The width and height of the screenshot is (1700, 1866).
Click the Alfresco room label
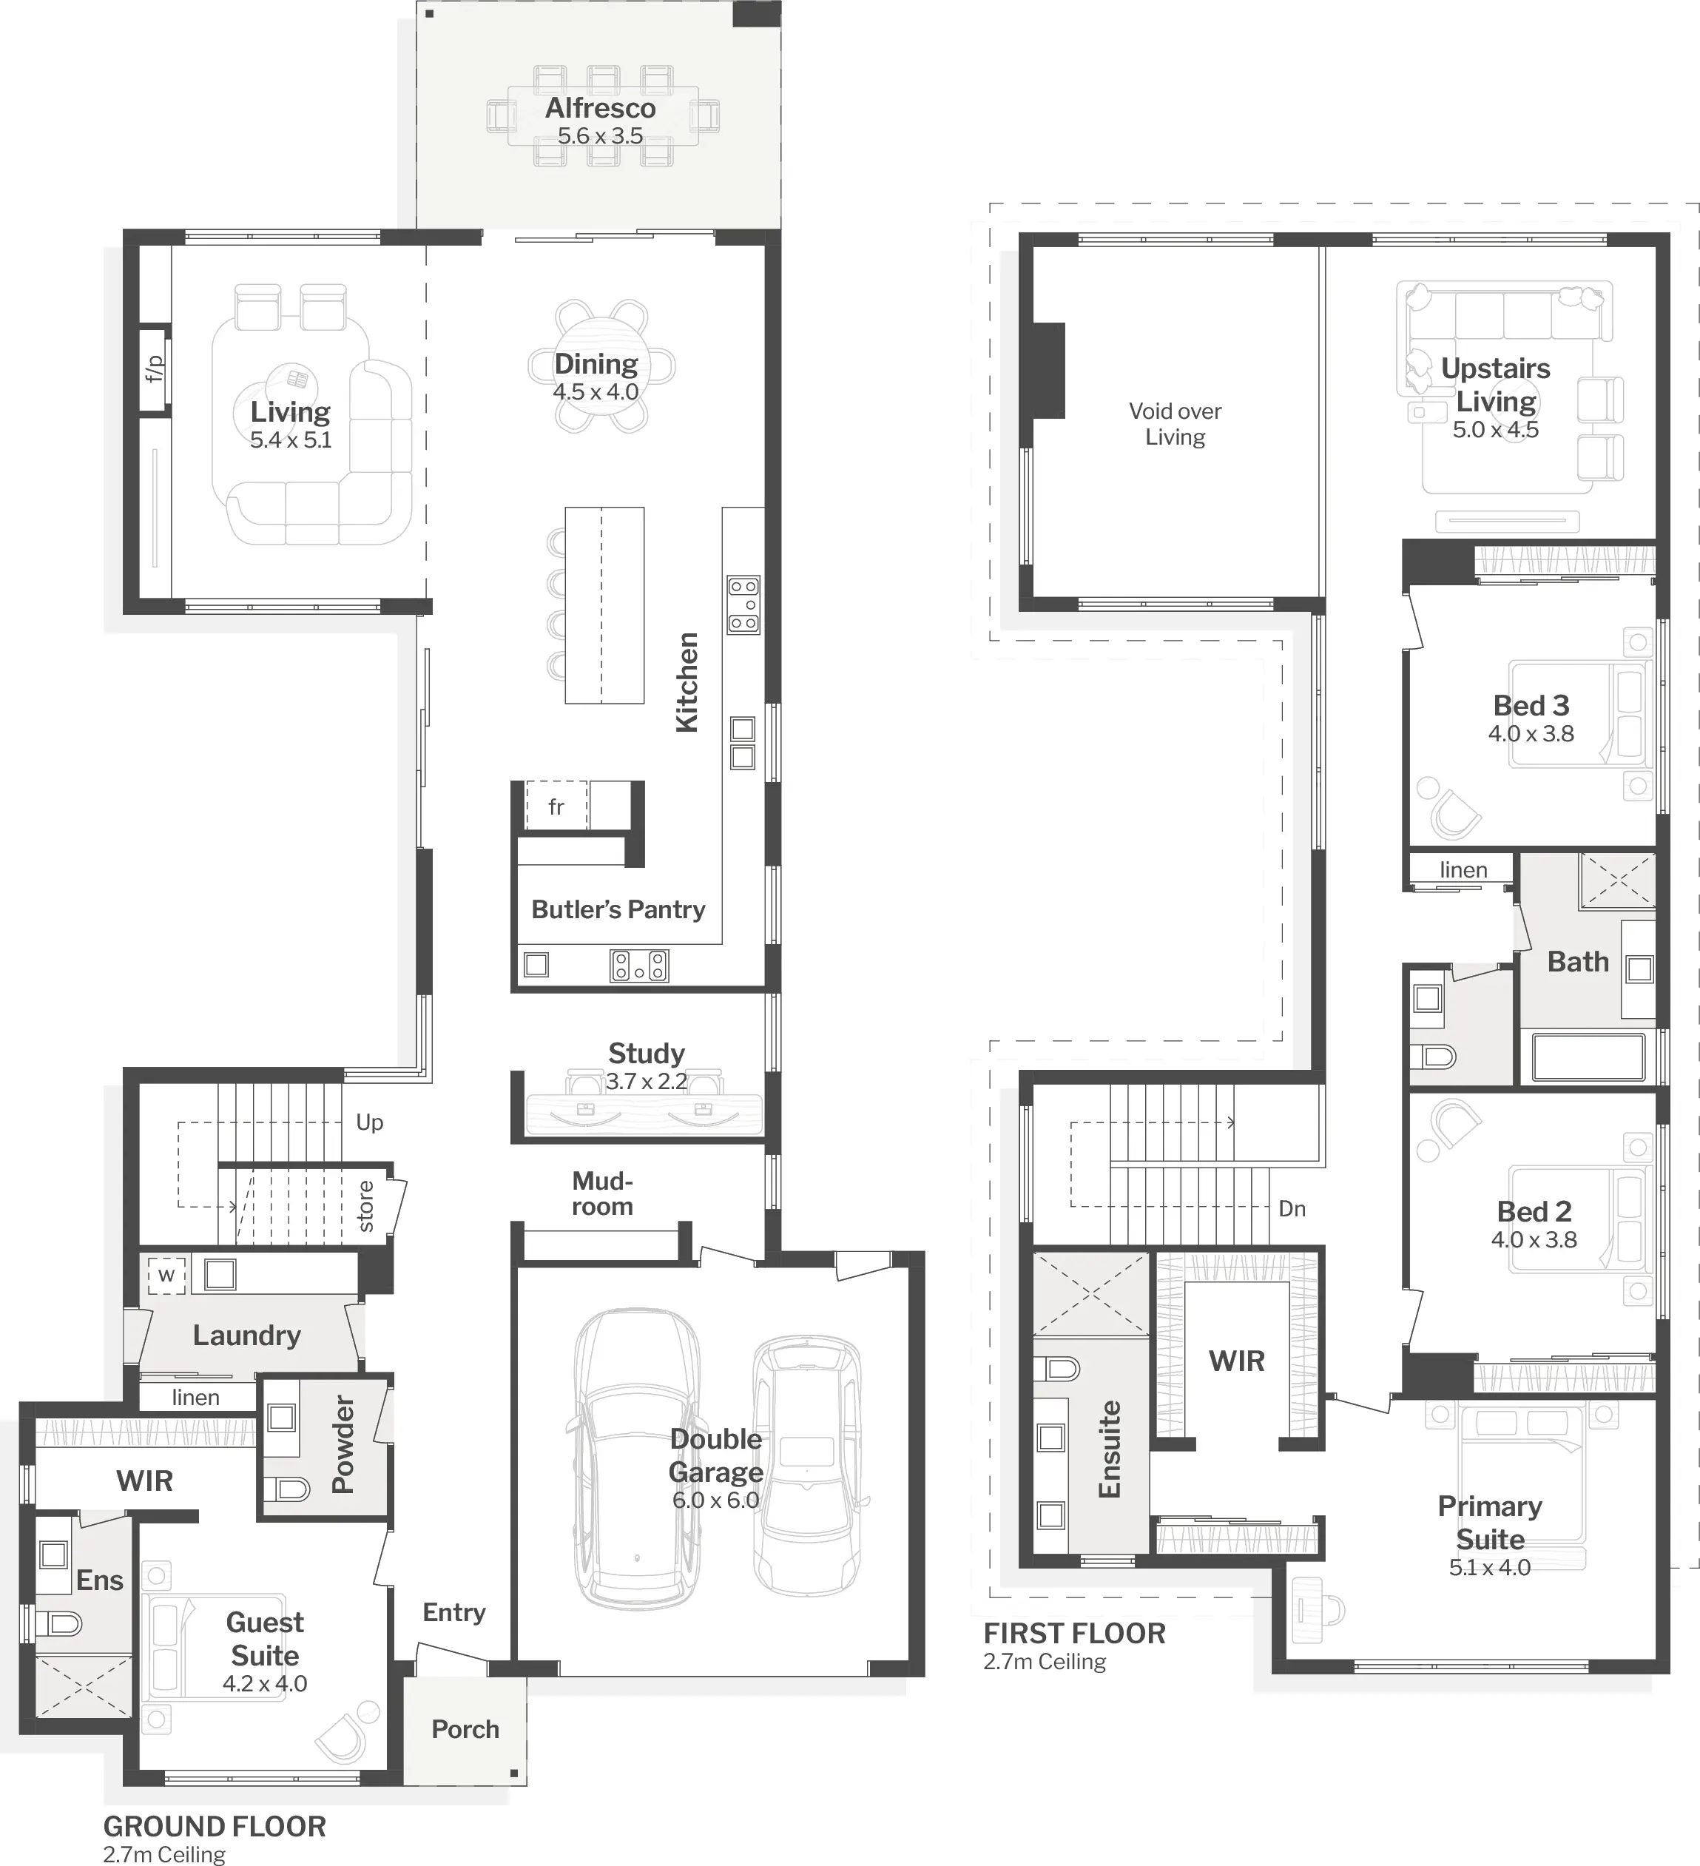600,108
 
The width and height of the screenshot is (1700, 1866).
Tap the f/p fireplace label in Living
154,368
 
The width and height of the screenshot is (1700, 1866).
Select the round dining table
601,366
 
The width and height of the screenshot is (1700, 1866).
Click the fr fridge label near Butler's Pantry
556,807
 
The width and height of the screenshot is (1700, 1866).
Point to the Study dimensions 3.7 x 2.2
646,1081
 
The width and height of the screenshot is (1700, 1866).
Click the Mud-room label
602,1193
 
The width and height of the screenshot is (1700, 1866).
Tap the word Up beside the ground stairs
369,1122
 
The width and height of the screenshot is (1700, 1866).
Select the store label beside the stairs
365,1206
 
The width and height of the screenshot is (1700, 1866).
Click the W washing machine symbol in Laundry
166,1276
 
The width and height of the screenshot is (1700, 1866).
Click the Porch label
465,1729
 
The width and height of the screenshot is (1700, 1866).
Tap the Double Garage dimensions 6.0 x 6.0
715,1500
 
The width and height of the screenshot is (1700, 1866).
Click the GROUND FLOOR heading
215,1827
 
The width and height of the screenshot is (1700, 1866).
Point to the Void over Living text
1176,424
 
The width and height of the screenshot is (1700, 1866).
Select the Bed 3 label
1531,705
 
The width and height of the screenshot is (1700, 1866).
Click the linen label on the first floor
1463,870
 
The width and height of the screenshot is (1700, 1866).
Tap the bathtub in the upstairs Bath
1588,1057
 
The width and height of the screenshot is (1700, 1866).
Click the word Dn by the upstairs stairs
1292,1209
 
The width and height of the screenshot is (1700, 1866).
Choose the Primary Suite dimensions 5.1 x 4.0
1490,1567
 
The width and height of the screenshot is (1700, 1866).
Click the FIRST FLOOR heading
1074,1634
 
